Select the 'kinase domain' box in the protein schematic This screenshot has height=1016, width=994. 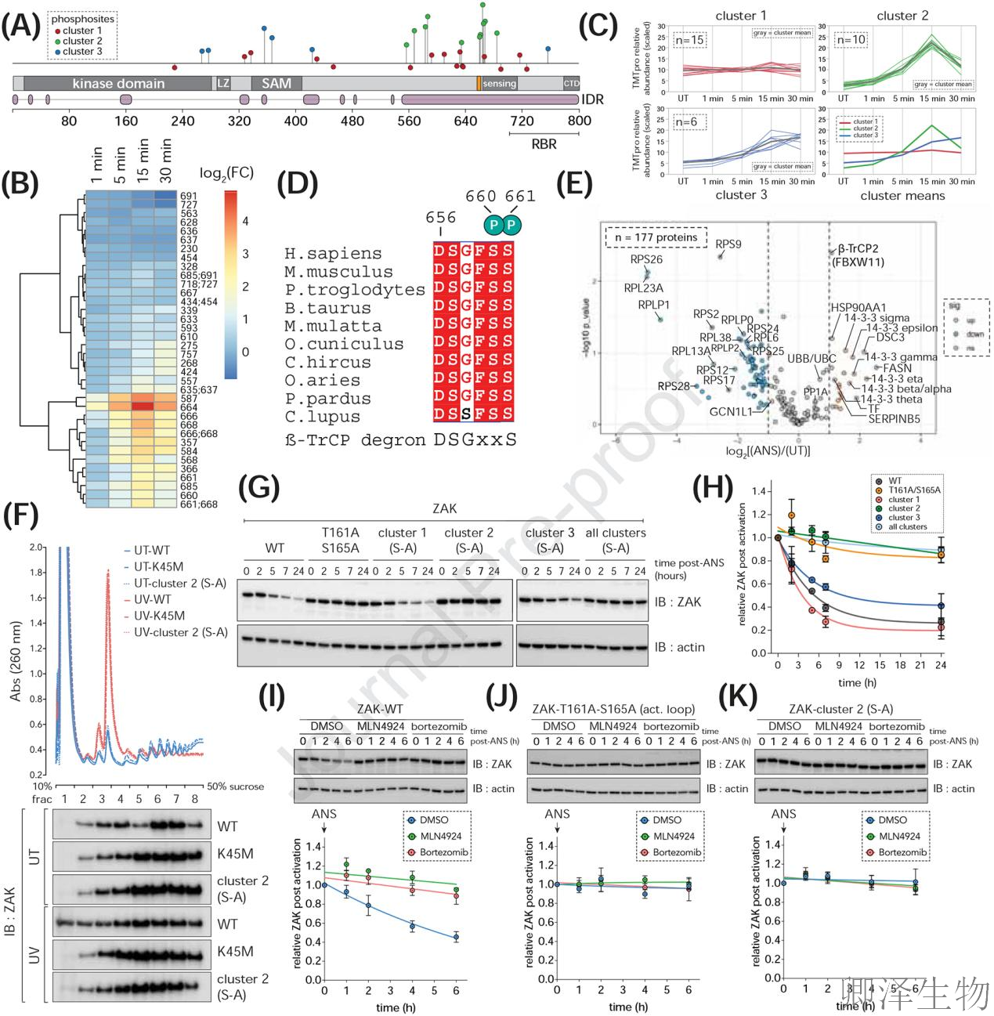(x=118, y=83)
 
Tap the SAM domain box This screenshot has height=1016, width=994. (x=276, y=83)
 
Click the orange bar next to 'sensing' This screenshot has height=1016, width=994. (x=479, y=83)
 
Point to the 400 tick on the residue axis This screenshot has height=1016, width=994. (x=295, y=121)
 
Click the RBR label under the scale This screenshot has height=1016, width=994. (x=544, y=144)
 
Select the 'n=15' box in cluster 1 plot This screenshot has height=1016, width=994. (x=689, y=40)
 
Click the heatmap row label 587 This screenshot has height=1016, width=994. (x=189, y=400)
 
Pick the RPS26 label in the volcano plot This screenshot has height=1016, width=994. (x=646, y=259)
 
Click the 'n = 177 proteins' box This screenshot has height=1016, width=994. (x=656, y=237)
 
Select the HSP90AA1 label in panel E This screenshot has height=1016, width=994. (x=858, y=308)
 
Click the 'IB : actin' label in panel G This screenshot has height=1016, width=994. (x=679, y=647)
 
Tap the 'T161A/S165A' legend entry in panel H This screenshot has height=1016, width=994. (x=914, y=490)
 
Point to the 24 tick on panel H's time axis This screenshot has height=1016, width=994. (x=940, y=665)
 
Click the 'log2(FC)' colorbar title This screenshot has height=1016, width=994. (x=226, y=173)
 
